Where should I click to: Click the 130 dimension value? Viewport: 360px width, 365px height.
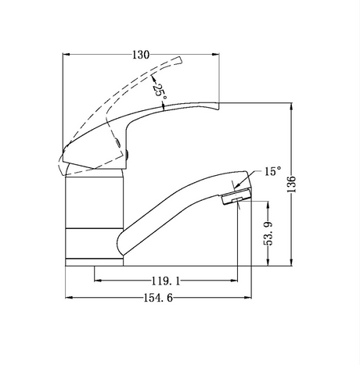(x=141, y=55)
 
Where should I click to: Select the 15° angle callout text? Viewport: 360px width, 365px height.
(x=273, y=171)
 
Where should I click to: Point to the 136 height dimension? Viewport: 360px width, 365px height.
(x=291, y=184)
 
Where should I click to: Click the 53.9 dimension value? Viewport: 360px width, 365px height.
(x=268, y=233)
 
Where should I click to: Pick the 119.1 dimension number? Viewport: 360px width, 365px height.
(x=166, y=281)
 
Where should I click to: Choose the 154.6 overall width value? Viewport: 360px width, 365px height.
(x=158, y=298)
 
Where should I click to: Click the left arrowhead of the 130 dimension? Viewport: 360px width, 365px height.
(x=67, y=55)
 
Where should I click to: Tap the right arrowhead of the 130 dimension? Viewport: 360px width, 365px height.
(x=215, y=55)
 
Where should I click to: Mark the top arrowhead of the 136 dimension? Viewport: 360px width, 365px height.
(x=291, y=106)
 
